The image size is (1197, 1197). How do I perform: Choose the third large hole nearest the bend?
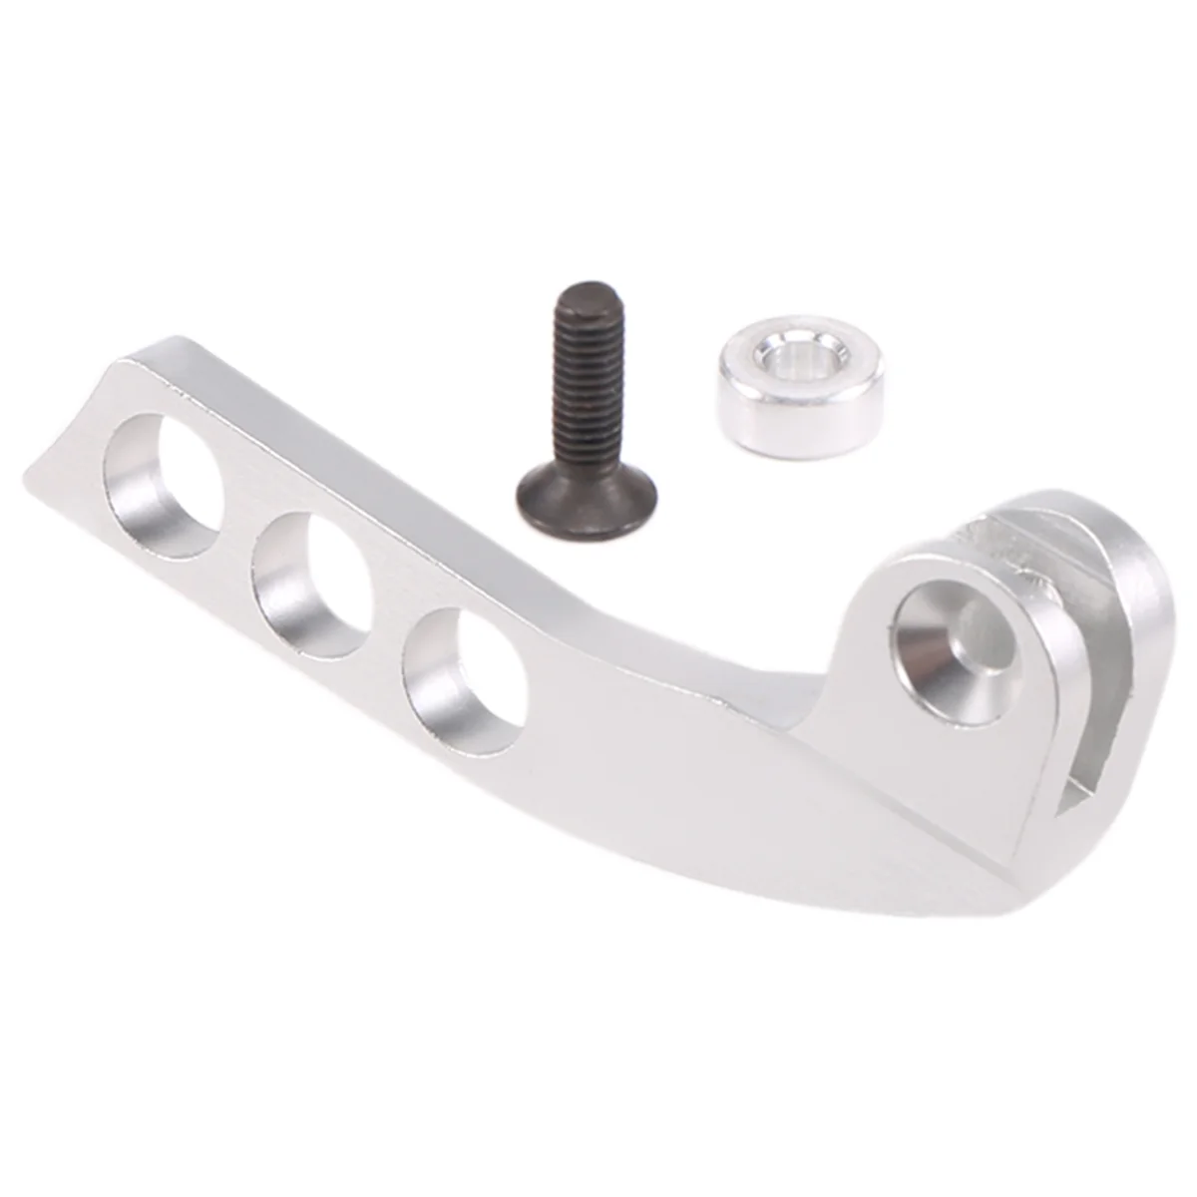coord(464,678)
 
